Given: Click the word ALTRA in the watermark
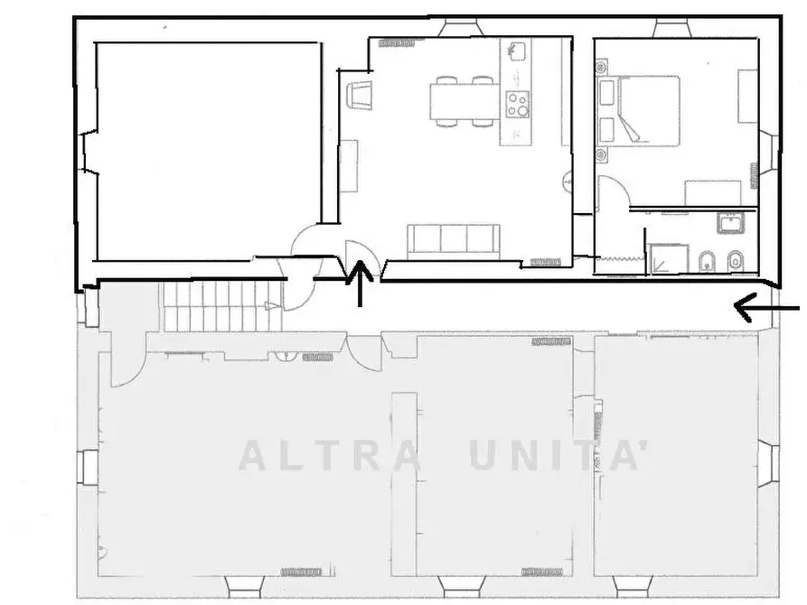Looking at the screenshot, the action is [329, 456].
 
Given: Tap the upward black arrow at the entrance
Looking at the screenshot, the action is [361, 284].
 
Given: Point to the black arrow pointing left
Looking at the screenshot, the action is [766, 308].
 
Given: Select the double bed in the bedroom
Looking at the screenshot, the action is [649, 110].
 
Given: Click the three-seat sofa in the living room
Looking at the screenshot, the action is [454, 242].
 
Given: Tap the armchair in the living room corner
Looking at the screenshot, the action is [361, 95].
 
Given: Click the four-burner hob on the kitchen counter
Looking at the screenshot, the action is [517, 105].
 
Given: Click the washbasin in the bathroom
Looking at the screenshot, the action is [731, 223].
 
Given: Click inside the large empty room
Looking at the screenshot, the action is [209, 152].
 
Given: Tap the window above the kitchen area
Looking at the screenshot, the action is [461, 28].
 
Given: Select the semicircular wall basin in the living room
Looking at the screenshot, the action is [568, 181].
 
